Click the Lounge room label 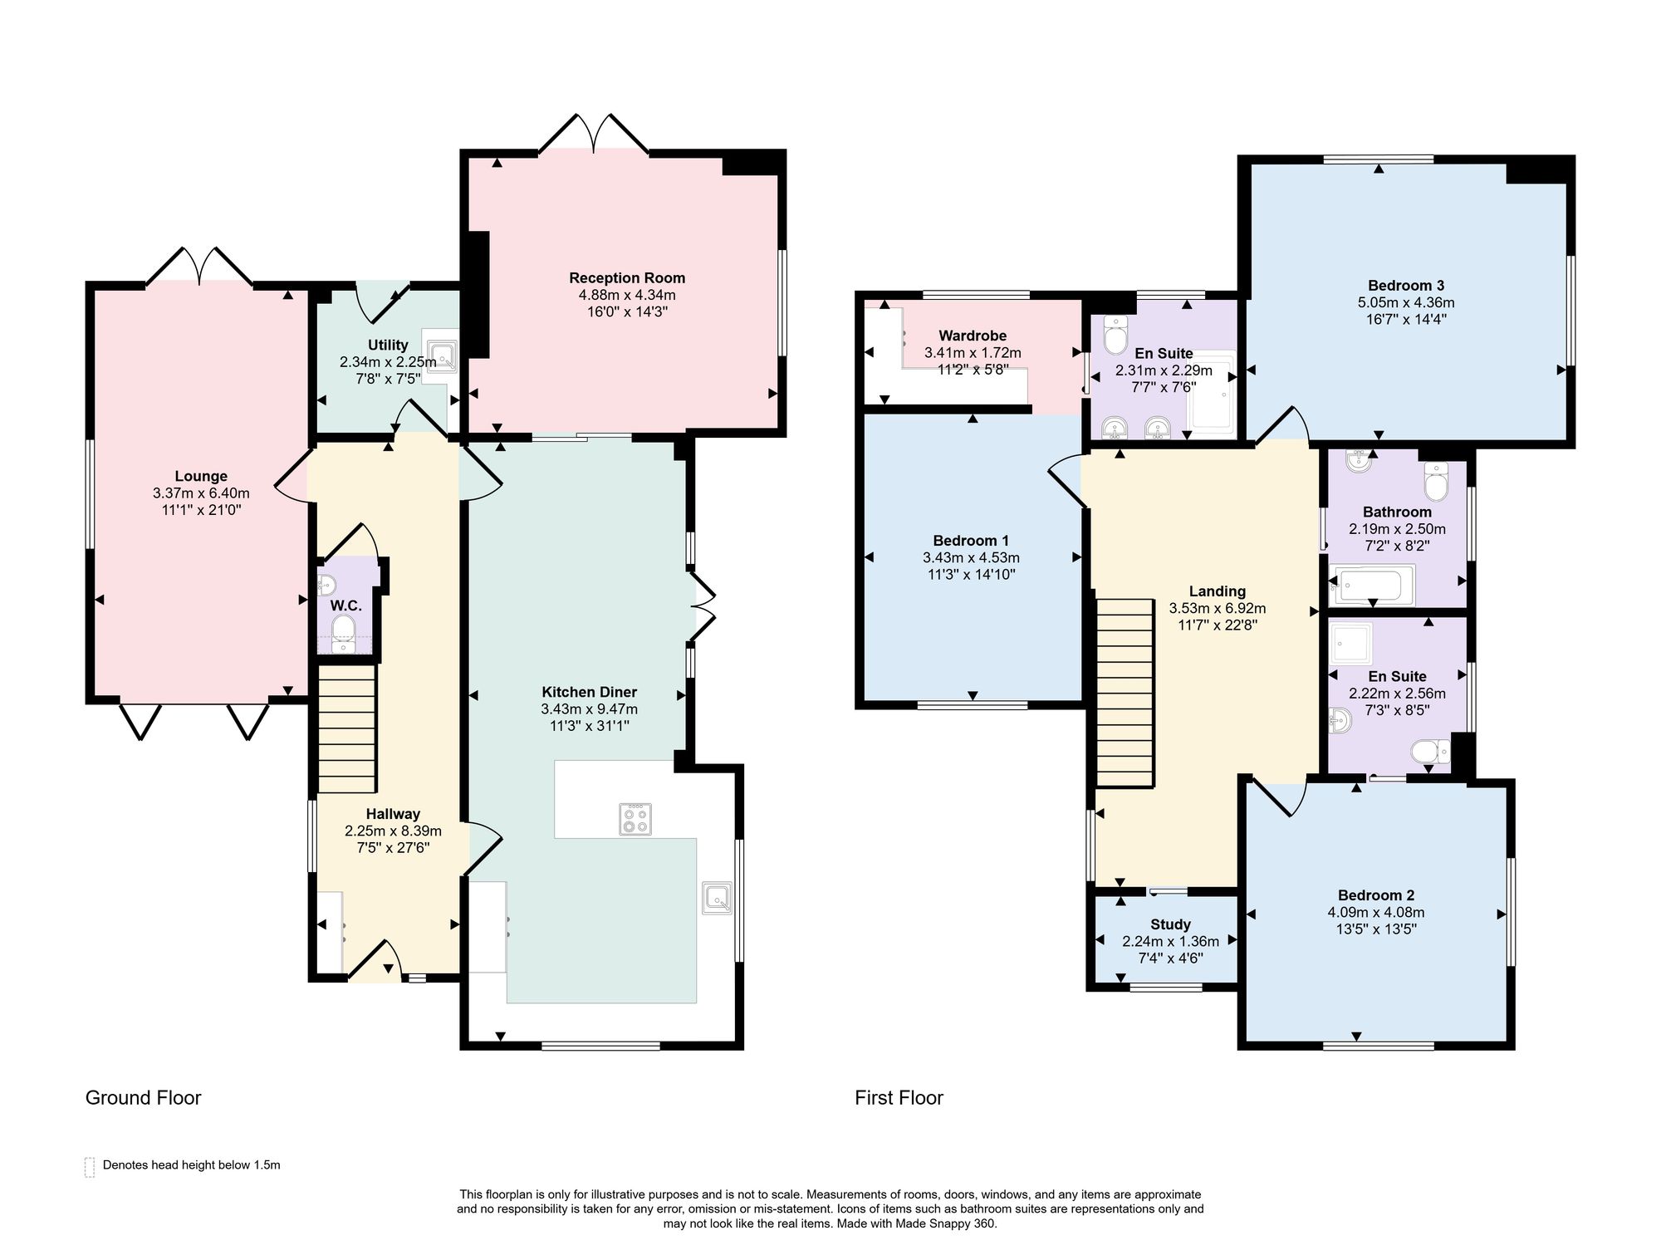point(201,476)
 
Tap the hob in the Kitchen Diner point(635,819)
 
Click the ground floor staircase point(347,728)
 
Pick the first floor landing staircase point(1125,693)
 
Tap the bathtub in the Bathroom point(1372,585)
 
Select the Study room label point(1171,924)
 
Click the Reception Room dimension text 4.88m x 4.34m point(627,295)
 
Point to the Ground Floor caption point(144,1098)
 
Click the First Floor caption point(899,1098)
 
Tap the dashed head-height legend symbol point(90,1166)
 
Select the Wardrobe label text point(973,336)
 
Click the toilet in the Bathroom point(1436,479)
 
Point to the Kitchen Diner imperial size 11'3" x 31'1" point(590,726)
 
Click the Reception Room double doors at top point(594,134)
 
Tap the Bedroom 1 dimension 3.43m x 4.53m point(972,558)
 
